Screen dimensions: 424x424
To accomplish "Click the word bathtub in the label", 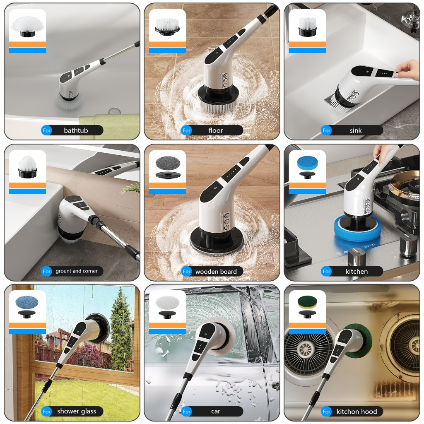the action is pos(76,130).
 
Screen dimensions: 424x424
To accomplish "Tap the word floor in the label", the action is pos(215,130).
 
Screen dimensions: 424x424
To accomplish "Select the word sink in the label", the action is pos(355,130).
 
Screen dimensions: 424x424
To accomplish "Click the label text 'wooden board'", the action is pos(216,272).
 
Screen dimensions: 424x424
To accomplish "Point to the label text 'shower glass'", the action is pos(77,411).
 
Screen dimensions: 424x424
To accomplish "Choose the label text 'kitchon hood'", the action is pos(357,412).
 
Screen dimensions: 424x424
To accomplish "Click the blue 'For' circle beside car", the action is pos(187,412).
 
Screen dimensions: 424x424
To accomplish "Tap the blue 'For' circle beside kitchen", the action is pos(326,271).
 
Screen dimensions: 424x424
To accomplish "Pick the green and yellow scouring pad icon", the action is pos(308,303).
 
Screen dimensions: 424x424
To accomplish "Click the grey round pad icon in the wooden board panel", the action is pos(168,163).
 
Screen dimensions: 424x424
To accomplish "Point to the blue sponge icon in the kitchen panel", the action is pos(308,163).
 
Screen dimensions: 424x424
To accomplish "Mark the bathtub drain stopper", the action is pos(114,111).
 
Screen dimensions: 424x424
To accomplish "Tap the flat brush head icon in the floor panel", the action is pos(168,27).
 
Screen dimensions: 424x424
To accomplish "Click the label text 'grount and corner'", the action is pos(77,271).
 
